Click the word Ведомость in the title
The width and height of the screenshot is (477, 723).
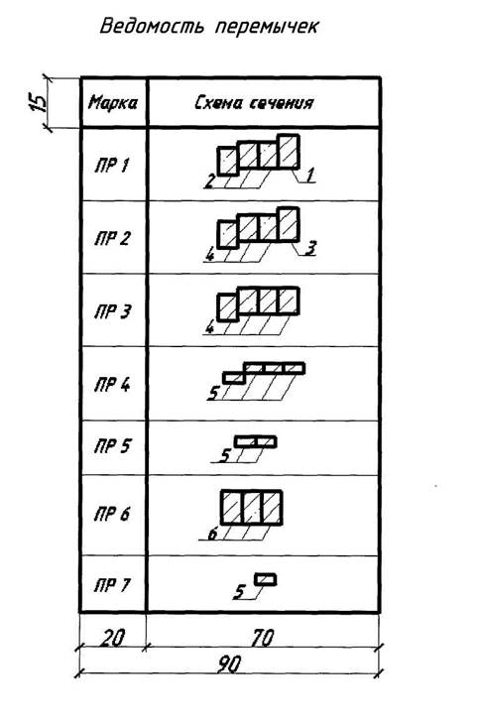152,26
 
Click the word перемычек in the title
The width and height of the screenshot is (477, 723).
267,27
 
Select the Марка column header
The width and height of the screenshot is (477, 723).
113,102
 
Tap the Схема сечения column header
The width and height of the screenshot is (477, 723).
255,102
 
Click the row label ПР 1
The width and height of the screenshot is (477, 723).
111,165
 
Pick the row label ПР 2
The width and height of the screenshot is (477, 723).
112,238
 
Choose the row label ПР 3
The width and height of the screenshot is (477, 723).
112,311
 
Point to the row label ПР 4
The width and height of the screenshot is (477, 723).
112,384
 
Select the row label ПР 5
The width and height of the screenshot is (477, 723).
112,446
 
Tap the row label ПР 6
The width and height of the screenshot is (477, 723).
112,514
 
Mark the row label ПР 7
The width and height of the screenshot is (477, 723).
112,585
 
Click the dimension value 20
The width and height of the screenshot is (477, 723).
112,638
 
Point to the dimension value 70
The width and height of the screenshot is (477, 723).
262,638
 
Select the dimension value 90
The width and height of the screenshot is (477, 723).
229,664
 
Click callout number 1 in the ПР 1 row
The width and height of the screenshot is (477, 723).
309,175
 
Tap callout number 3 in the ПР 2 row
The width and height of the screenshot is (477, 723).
311,248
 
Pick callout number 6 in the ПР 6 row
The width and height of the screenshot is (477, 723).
212,534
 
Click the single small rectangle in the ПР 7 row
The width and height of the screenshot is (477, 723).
266,579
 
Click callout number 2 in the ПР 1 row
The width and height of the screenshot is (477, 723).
210,181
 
